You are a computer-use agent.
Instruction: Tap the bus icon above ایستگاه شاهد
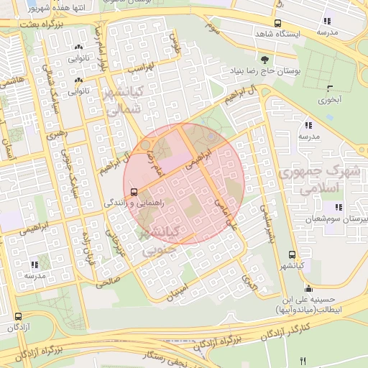[x=269, y=22]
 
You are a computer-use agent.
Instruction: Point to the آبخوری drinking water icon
[x=330, y=88]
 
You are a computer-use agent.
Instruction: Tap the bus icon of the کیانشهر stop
[x=292, y=254]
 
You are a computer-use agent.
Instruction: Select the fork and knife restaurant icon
[x=303, y=360]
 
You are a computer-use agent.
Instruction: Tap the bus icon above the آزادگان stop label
[x=17, y=316]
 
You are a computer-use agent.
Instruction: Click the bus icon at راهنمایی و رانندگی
[x=134, y=191]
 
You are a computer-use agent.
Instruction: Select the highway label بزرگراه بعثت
[x=28, y=24]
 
